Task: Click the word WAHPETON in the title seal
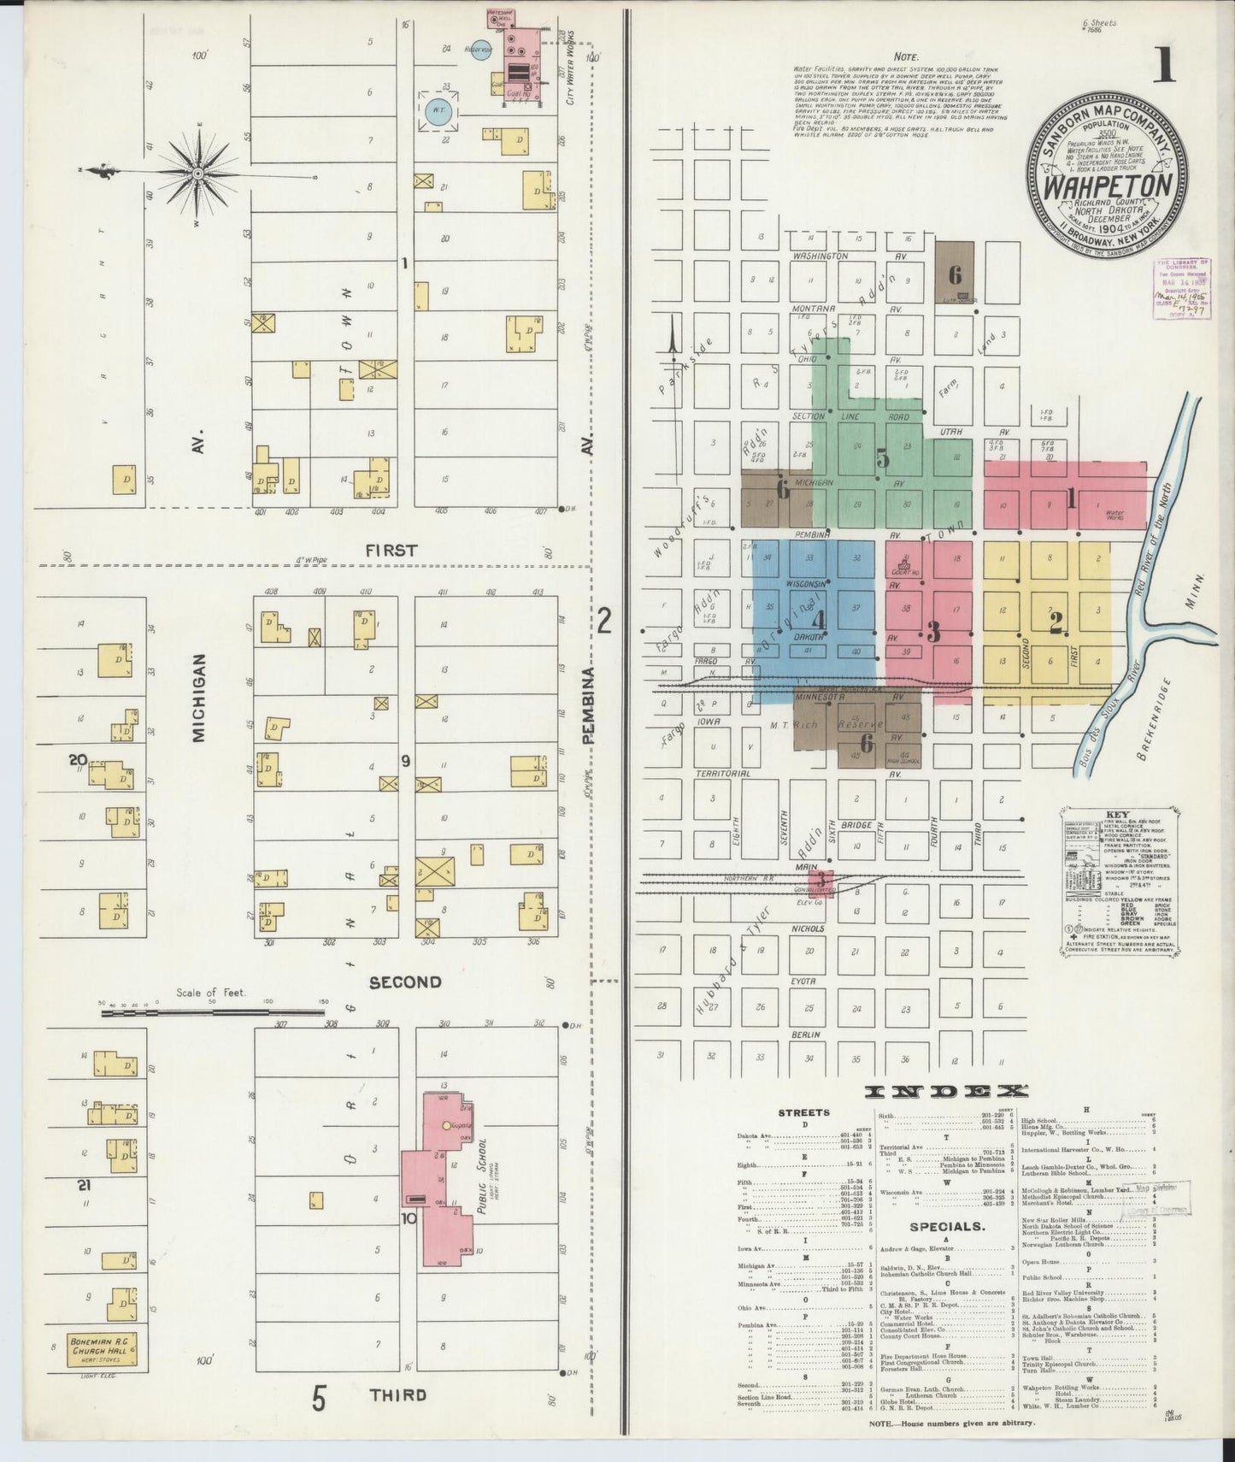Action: pos(1109,185)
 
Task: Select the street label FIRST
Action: pos(392,551)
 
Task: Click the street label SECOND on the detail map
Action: pos(405,982)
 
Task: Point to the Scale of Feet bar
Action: pos(214,1011)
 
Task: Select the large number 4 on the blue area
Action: pos(819,618)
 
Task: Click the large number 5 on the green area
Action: pos(883,458)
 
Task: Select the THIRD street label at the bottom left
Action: pos(397,1395)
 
